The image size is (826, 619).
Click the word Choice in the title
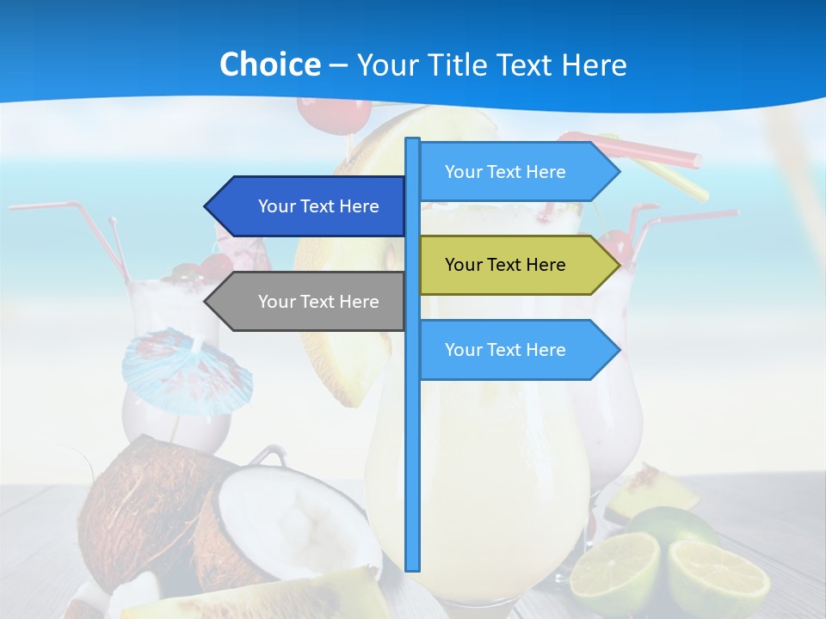pos(269,64)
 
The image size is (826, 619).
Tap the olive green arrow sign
pos(516,265)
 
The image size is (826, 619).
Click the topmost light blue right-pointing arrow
pos(516,172)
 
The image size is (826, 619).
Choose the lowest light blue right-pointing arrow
pos(516,350)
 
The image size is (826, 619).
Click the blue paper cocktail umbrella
pos(185,370)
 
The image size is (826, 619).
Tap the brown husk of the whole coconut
pos(138,499)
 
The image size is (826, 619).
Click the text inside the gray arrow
pos(318,302)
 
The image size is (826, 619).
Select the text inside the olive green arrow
pos(505,265)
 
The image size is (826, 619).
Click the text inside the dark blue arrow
pos(318,206)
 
